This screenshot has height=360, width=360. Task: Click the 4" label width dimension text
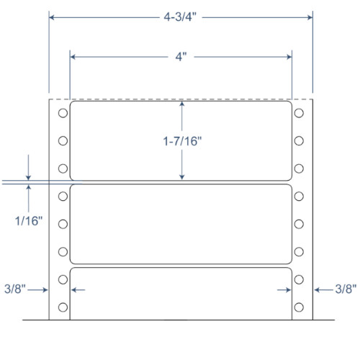pyautogui.click(x=181, y=55)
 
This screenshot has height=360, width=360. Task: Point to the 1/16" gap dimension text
pyautogui.click(x=28, y=221)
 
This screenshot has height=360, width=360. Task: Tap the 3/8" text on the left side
pyautogui.click(x=15, y=289)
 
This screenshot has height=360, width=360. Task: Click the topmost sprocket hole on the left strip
pyautogui.click(x=63, y=113)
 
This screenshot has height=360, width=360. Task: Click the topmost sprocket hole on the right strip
pyautogui.click(x=298, y=113)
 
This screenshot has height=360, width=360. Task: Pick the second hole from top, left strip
pyautogui.click(x=63, y=141)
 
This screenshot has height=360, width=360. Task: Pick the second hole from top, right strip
pyautogui.click(x=298, y=141)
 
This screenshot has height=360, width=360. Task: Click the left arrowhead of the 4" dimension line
pyautogui.click(x=73, y=55)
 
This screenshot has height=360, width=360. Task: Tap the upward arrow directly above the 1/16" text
pyautogui.click(x=28, y=189)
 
